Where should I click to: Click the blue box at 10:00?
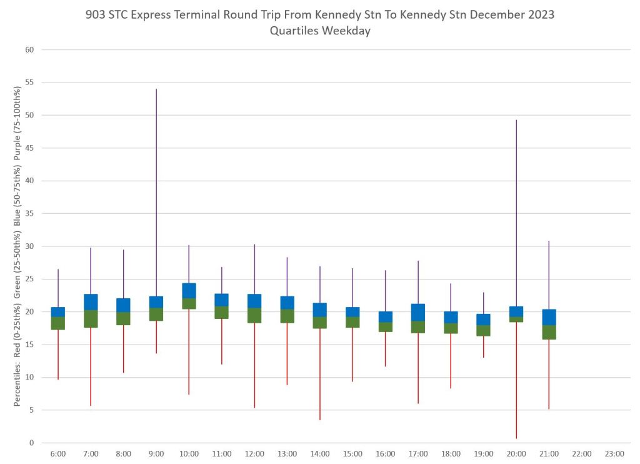pos(189,290)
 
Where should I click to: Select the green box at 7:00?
pos(91,318)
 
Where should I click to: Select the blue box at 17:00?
pos(418,312)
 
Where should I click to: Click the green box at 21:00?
pos(549,332)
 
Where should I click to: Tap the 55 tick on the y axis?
pos(29,83)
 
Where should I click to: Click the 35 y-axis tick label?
pos(29,214)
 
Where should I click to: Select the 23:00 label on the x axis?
pos(614,454)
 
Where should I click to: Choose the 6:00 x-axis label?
pos(58,454)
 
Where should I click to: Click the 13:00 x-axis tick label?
pos(287,454)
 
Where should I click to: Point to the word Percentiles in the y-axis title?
pos(17,381)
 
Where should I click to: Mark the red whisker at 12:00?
pos(254,365)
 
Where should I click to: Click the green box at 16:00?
pos(385,327)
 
